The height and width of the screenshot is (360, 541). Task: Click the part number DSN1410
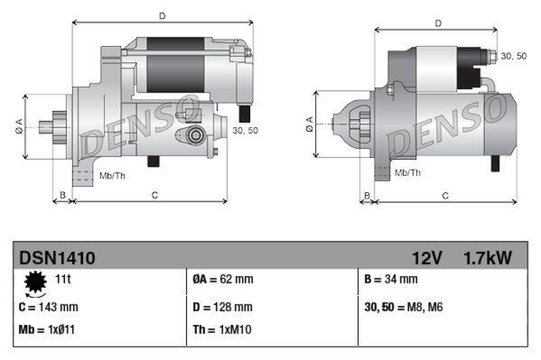(x=57, y=257)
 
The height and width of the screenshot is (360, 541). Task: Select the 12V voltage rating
(x=427, y=257)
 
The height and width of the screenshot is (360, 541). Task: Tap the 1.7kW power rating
(x=487, y=257)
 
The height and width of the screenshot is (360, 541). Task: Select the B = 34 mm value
(x=391, y=279)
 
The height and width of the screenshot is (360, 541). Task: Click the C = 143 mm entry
(x=49, y=307)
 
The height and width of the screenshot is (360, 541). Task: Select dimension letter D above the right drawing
(x=438, y=23)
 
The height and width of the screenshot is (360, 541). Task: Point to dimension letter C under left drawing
(x=154, y=196)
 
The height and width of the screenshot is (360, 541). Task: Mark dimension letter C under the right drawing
(x=445, y=196)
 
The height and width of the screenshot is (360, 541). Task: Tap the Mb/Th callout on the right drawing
(x=407, y=173)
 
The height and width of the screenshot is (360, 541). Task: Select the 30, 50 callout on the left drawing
(x=244, y=131)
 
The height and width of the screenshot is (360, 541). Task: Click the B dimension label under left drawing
(x=62, y=196)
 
